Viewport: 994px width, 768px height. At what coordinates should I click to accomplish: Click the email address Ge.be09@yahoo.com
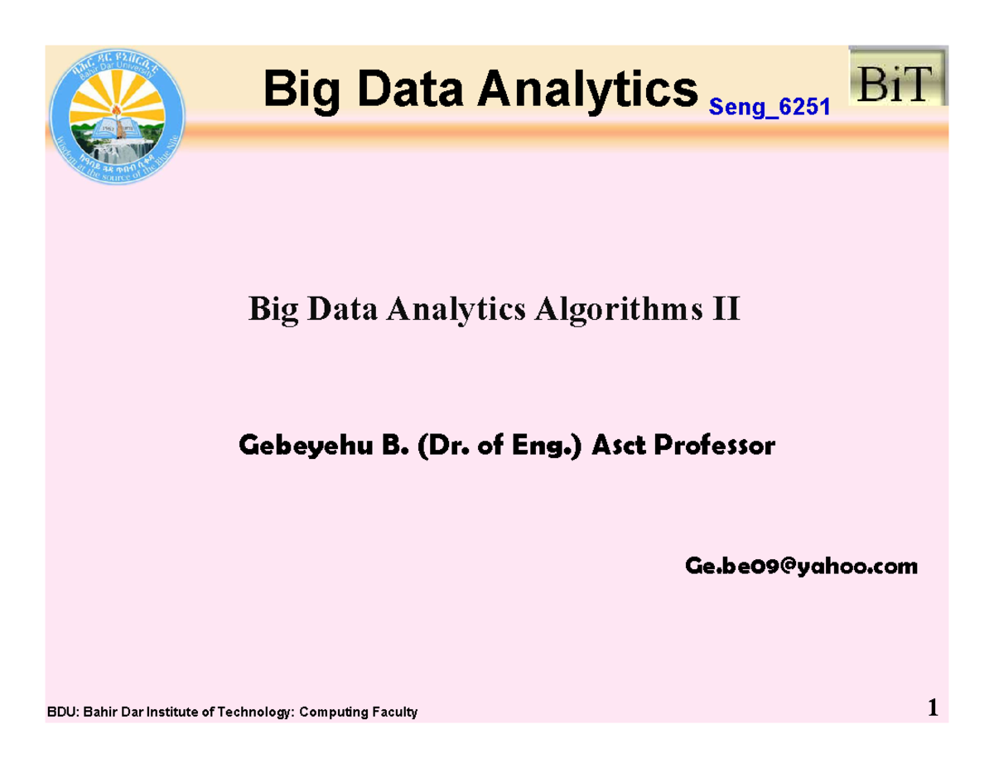(x=801, y=567)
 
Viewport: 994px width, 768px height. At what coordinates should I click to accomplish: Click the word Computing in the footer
(x=335, y=712)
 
